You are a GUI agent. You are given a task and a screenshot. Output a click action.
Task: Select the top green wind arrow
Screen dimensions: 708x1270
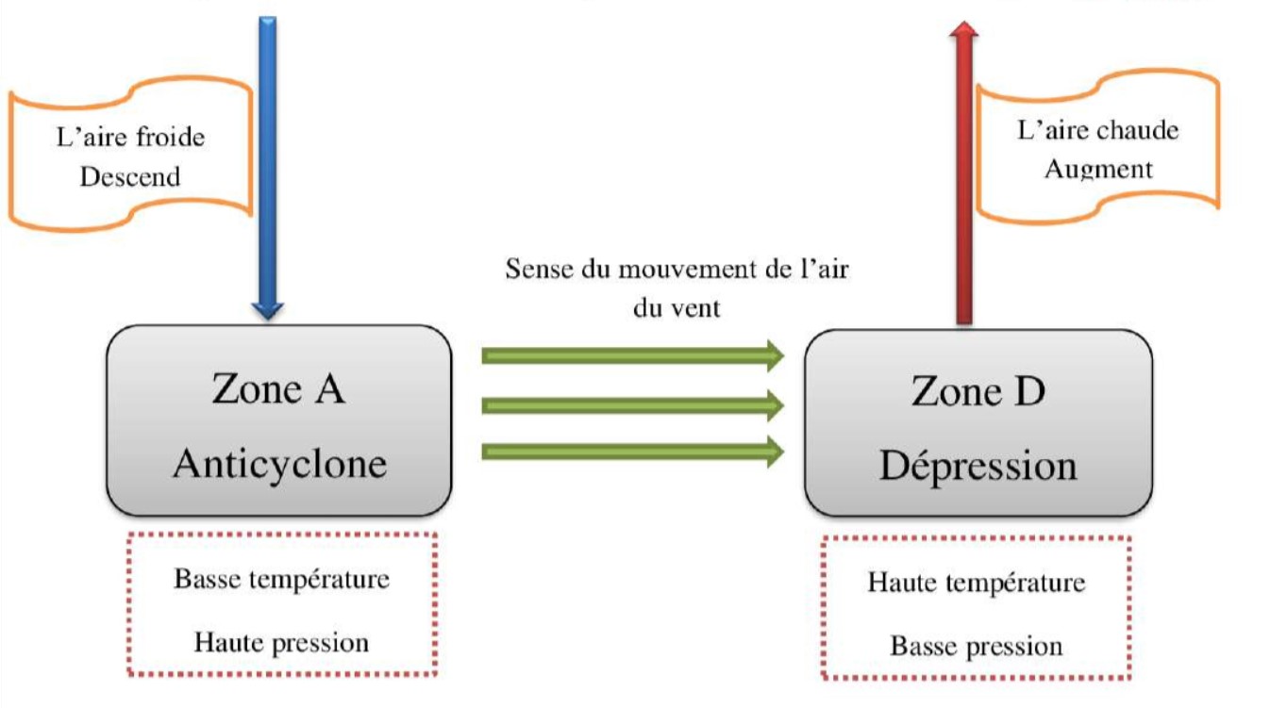click(632, 355)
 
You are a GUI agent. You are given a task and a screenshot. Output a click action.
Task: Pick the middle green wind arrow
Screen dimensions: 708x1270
click(632, 405)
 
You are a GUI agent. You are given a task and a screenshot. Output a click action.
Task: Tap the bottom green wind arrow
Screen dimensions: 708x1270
click(632, 452)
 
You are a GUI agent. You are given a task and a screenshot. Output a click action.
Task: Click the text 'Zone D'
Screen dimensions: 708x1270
click(978, 391)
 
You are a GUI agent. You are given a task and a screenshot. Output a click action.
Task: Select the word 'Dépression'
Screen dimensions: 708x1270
click(978, 466)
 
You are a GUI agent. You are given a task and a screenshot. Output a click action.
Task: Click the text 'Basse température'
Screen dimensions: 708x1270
click(281, 579)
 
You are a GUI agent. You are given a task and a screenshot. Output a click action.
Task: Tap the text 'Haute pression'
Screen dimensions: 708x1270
click(281, 643)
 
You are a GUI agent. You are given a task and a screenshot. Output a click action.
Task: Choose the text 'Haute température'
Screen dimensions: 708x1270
click(976, 583)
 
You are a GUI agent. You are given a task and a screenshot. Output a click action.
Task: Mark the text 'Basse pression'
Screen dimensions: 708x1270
click(976, 647)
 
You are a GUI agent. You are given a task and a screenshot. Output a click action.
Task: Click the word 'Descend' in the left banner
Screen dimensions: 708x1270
click(129, 176)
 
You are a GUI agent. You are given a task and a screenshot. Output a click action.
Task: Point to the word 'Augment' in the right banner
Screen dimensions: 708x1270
click(1098, 170)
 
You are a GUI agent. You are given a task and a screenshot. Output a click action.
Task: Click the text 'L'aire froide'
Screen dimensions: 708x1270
click(130, 138)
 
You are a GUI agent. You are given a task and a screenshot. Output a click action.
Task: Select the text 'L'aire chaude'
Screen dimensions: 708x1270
click(1098, 130)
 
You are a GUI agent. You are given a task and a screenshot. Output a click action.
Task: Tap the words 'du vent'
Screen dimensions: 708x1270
click(677, 307)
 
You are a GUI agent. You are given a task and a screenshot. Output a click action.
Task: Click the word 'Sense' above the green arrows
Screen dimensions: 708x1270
click(539, 270)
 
